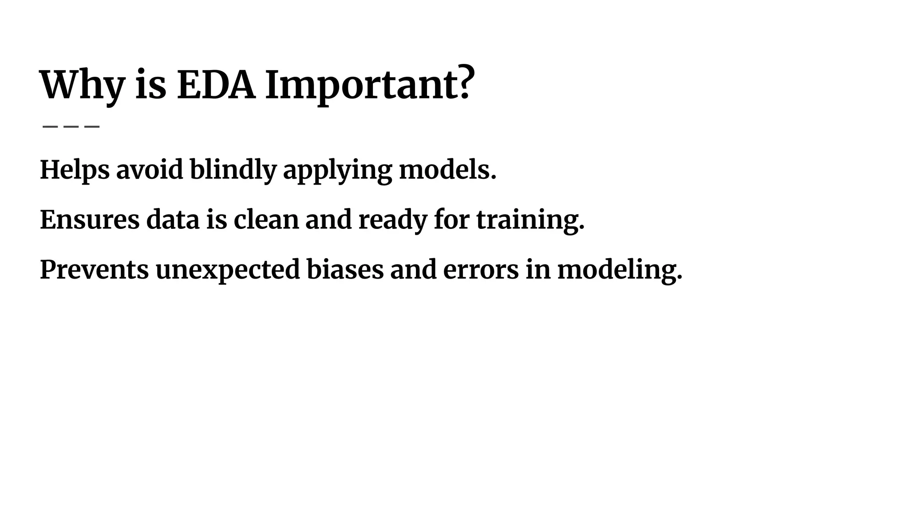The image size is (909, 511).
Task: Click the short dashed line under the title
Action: pos(71,126)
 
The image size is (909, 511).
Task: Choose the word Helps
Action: pos(75,169)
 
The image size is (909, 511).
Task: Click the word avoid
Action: pos(150,169)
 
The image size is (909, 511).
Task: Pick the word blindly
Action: pos(233,169)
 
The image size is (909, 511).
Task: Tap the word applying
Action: pos(337,171)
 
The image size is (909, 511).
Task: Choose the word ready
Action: pos(392,220)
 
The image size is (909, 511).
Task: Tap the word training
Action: pos(530,220)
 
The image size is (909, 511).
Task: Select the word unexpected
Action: pos(227,270)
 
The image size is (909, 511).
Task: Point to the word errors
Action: pos(481,270)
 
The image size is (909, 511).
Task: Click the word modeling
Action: pos(619,270)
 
